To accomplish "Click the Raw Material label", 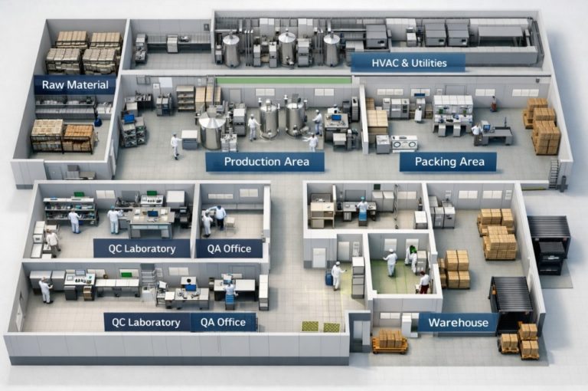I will (74, 84).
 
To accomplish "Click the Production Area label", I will (266, 162).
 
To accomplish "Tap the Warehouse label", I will (458, 323).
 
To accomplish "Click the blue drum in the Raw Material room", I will (97, 121).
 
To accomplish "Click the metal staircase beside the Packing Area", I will (554, 173).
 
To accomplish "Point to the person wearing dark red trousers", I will (424, 281).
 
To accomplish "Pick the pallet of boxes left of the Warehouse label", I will (389, 340).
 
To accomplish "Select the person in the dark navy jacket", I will (220, 217).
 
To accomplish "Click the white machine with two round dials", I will (403, 142).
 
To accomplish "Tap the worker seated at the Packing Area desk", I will (476, 133).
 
